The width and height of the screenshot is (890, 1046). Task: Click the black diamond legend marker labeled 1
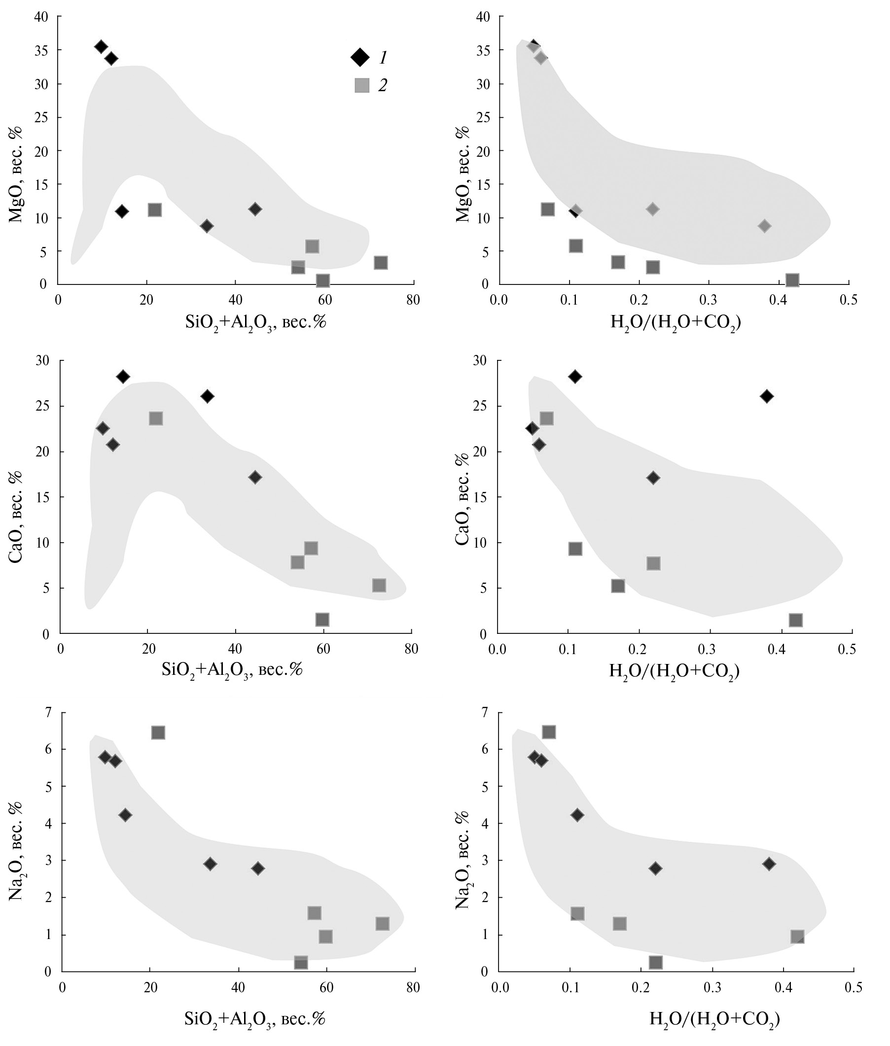[x=360, y=57]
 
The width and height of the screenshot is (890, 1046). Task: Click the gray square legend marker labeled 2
[x=362, y=85]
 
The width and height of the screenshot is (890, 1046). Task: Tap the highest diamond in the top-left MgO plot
[x=101, y=46]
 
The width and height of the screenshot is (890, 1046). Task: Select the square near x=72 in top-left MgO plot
[x=381, y=263]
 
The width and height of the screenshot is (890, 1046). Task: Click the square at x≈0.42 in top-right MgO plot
[x=792, y=280]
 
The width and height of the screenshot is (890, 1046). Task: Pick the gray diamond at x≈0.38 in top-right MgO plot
[x=764, y=226]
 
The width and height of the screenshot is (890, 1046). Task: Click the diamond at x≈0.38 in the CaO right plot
[x=767, y=396]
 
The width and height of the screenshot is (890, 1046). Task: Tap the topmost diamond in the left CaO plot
[x=123, y=376]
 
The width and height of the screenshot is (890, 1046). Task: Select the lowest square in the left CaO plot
[x=322, y=619]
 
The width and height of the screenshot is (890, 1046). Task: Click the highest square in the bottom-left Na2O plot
[x=158, y=732]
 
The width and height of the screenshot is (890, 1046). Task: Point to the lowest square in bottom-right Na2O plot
[x=655, y=963]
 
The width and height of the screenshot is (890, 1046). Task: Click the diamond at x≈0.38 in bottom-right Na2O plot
[x=769, y=864]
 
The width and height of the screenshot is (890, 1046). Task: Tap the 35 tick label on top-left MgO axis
[x=41, y=50]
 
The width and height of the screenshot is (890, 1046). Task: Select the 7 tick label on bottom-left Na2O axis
[x=48, y=713]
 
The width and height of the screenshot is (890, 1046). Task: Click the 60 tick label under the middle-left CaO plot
[x=323, y=649]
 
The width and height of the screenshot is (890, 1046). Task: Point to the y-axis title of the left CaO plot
[x=16, y=524]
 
